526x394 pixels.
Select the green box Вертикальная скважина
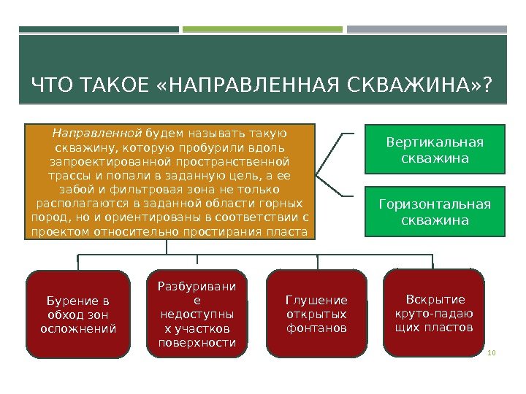click(435, 149)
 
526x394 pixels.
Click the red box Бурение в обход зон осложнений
click(79, 314)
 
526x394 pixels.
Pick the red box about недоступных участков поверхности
click(197, 314)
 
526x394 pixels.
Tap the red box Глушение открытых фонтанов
click(316, 314)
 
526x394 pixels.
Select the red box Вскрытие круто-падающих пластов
click(434, 313)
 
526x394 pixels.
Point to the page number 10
click(491, 353)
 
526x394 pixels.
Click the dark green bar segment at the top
click(99, 30)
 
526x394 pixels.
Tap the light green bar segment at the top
click(262, 30)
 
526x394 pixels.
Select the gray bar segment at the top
click(427, 30)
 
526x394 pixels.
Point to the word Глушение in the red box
click(316, 300)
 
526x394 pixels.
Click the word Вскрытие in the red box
click(435, 299)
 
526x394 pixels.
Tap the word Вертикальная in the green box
click(435, 142)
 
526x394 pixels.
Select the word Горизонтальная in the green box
click(435, 204)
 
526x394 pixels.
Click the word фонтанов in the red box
click(316, 328)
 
